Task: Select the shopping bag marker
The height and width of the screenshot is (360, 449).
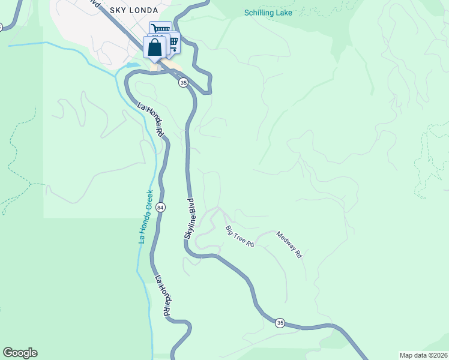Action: [x=155, y=48]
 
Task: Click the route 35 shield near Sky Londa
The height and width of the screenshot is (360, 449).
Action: [x=183, y=83]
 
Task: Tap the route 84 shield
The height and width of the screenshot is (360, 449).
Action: [x=160, y=207]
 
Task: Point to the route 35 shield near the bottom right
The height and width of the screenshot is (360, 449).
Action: [x=280, y=323]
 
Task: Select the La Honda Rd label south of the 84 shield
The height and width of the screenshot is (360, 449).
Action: [x=163, y=296]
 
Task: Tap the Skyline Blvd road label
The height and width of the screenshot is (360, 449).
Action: [x=189, y=220]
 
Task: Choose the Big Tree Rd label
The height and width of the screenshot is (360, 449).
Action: [x=240, y=237]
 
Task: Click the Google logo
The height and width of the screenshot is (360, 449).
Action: [x=20, y=353]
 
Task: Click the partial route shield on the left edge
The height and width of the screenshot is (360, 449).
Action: [x=1, y=27]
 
